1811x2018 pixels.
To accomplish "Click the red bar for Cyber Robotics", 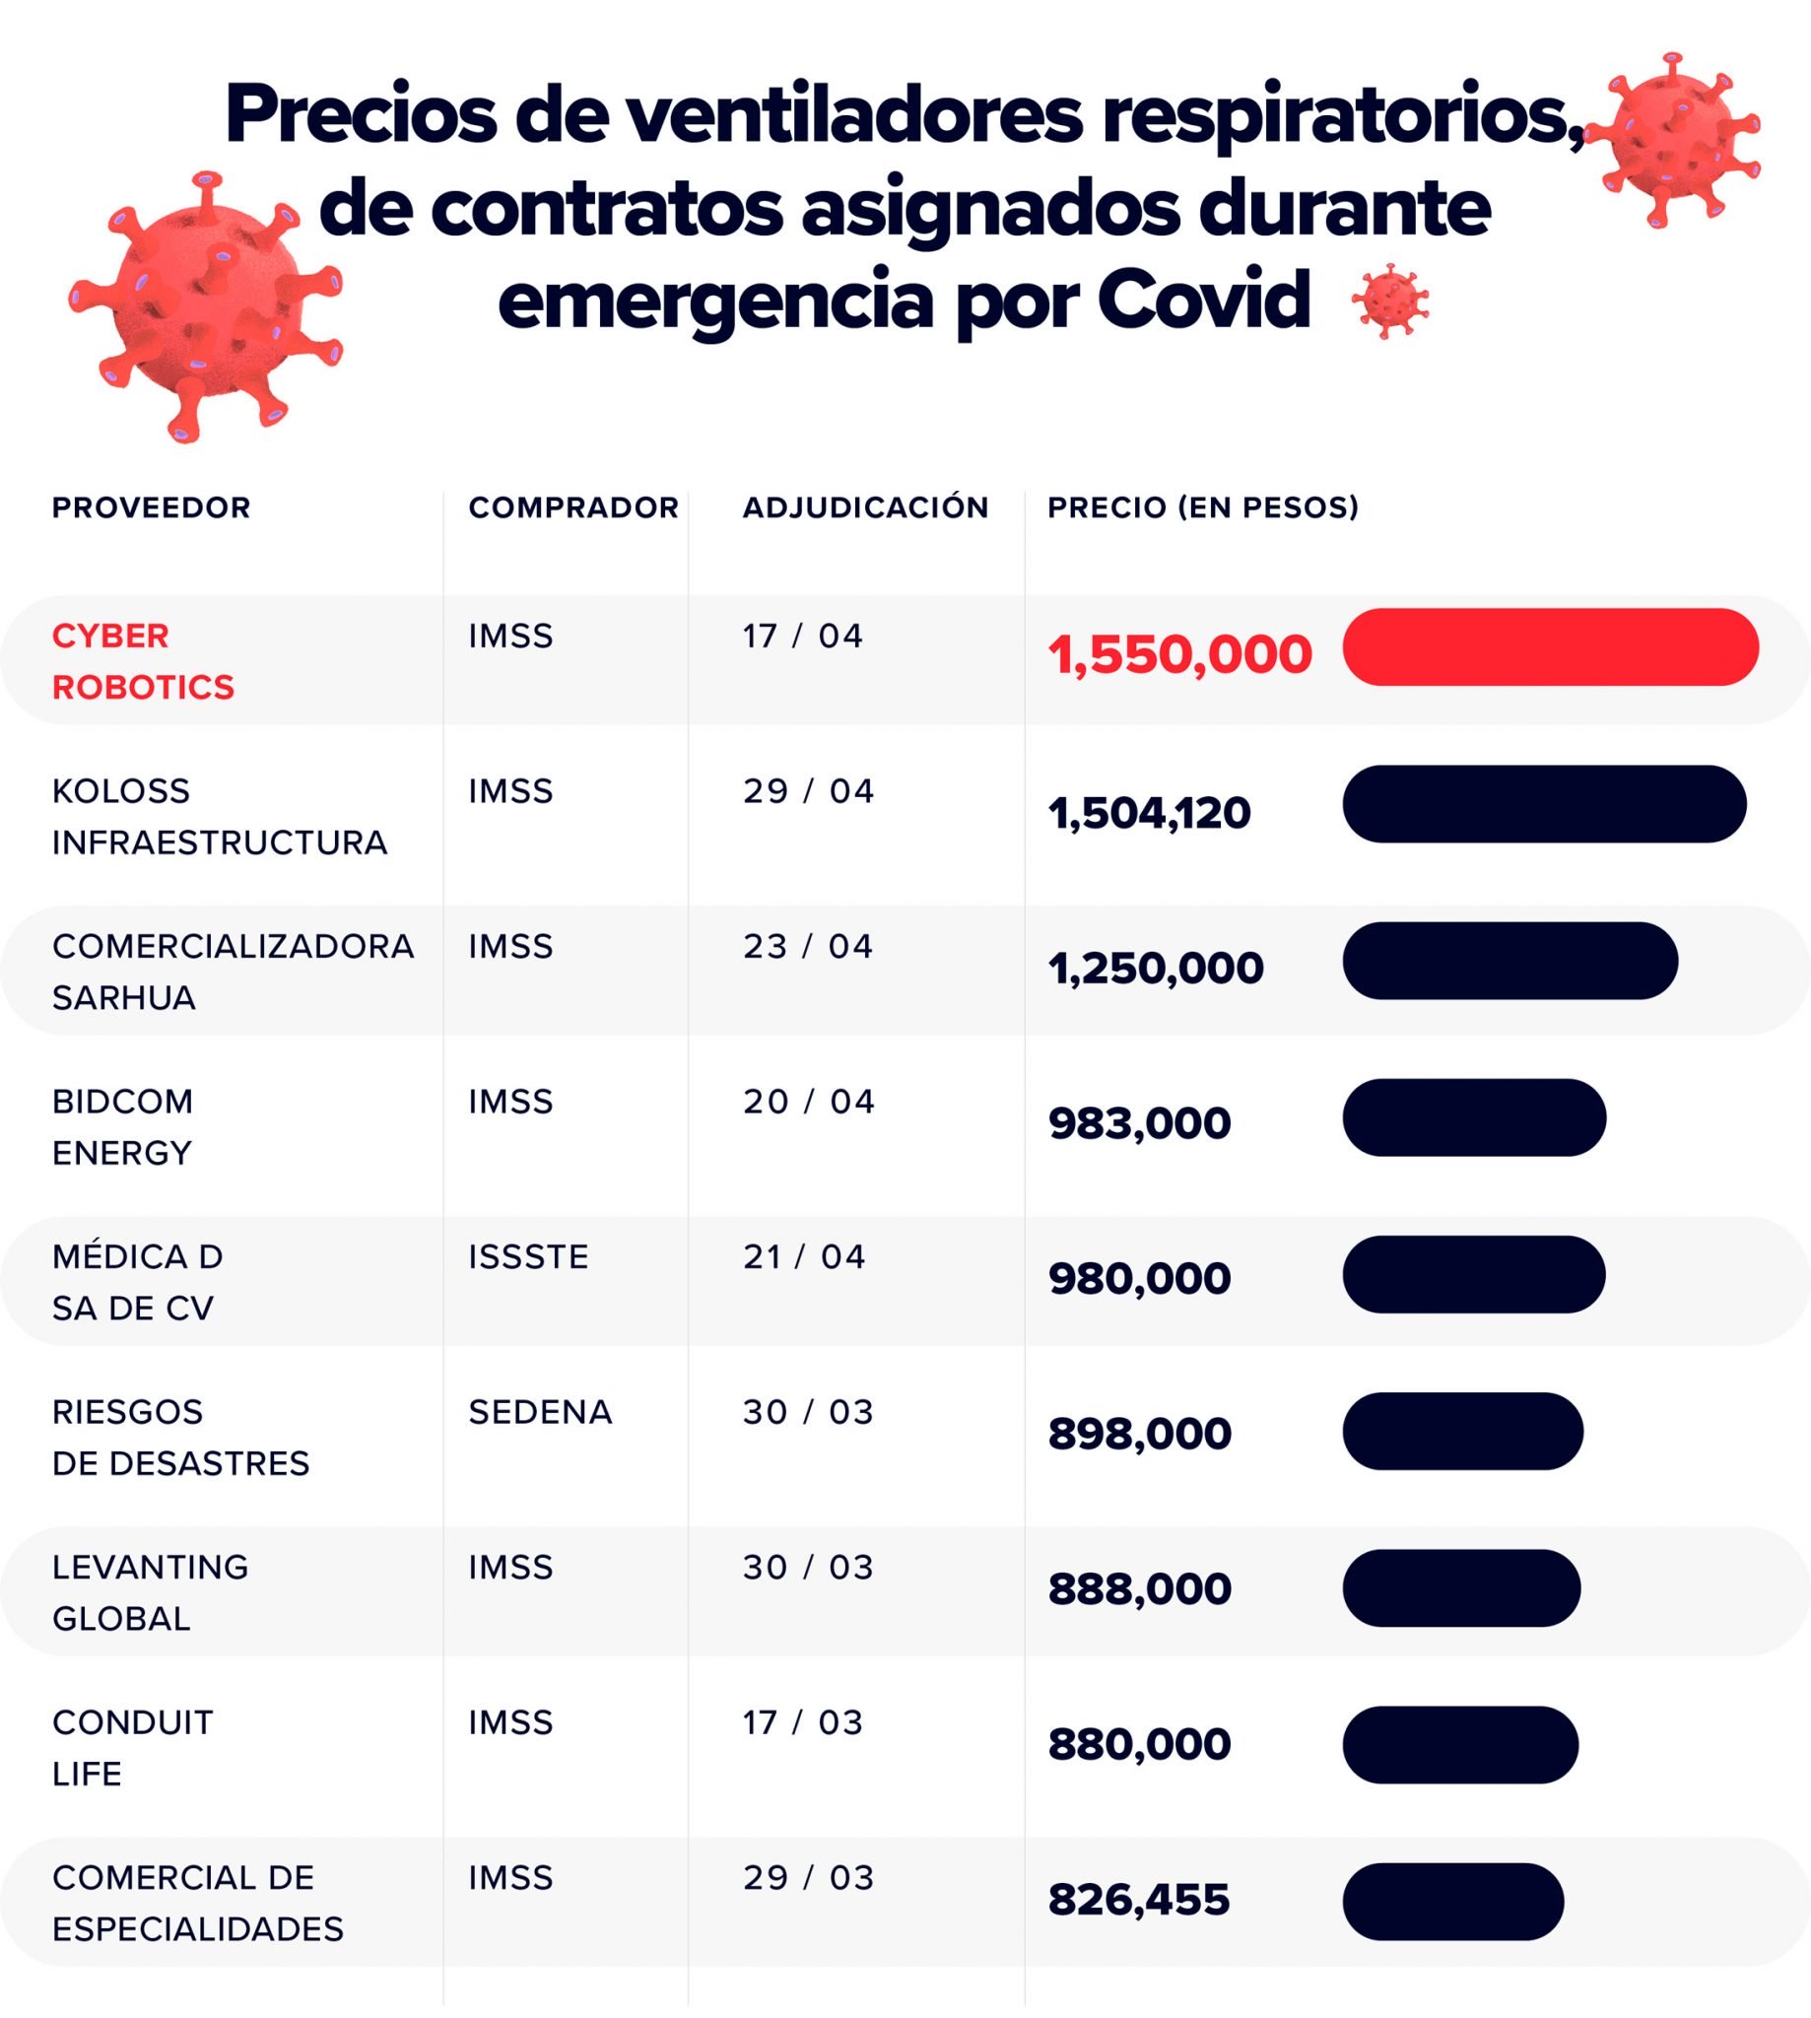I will [1549, 646].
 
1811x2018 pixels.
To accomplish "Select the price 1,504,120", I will [1148, 813].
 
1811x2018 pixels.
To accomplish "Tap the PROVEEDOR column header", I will [152, 507].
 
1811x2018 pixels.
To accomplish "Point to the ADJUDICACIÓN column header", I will [865, 507].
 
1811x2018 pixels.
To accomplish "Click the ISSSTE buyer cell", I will [528, 1256].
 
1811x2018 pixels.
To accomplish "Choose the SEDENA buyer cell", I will [540, 1412].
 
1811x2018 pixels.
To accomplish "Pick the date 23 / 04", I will [808, 946].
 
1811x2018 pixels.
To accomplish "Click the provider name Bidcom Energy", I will [122, 1126].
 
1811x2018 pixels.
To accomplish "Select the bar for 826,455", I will [1451, 1902].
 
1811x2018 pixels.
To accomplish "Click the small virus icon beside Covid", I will [1389, 301].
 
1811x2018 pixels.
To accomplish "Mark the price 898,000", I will [1139, 1434].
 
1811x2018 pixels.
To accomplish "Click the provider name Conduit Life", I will [132, 1747].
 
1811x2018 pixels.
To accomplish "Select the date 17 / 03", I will [802, 1722].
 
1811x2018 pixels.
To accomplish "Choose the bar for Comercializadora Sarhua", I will [1509, 961].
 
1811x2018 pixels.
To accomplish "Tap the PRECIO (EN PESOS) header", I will [1202, 507].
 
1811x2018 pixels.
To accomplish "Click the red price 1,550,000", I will [1179, 654].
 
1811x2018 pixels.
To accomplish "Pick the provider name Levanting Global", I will [149, 1592].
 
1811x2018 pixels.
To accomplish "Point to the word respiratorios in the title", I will [1341, 114].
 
